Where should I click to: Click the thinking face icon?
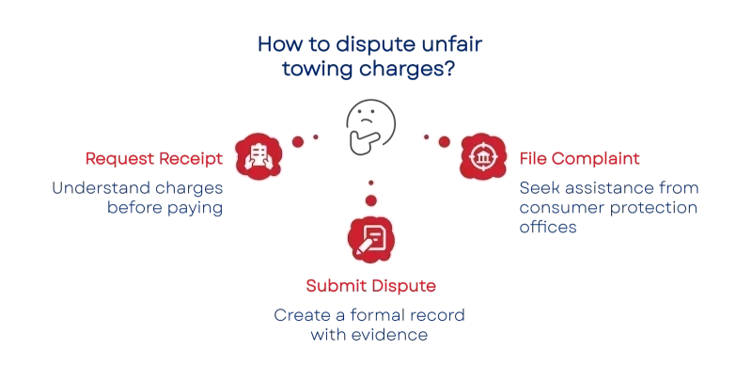[x=370, y=127]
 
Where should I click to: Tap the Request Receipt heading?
[x=154, y=159]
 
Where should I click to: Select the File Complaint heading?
[x=579, y=158]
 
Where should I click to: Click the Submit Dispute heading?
[x=370, y=285]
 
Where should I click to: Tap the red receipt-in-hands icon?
[x=258, y=156]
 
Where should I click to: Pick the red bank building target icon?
[x=483, y=156]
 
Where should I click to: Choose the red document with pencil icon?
[x=370, y=240]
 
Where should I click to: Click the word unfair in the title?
[x=452, y=43]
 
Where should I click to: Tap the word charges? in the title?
[x=407, y=69]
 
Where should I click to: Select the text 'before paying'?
[x=165, y=208]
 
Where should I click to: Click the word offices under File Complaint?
[x=548, y=227]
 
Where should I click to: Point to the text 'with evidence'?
[x=368, y=335]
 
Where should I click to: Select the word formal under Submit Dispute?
[x=379, y=315]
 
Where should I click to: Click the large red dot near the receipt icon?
[x=298, y=141]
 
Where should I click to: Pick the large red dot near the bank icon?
[x=444, y=141]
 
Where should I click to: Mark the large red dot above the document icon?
[x=370, y=200]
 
